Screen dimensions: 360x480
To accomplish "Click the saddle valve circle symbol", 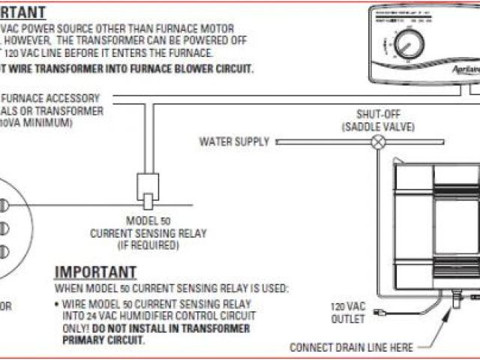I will click(x=379, y=141).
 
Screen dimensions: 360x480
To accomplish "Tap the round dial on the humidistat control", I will click(x=409, y=45).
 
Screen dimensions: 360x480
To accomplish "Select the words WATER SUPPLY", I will click(x=233, y=141).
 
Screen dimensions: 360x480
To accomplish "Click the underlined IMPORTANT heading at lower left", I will click(x=96, y=272).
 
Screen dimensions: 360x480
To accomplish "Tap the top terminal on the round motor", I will click(x=3, y=204).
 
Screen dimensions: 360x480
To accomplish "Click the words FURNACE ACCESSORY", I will click(x=52, y=98).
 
